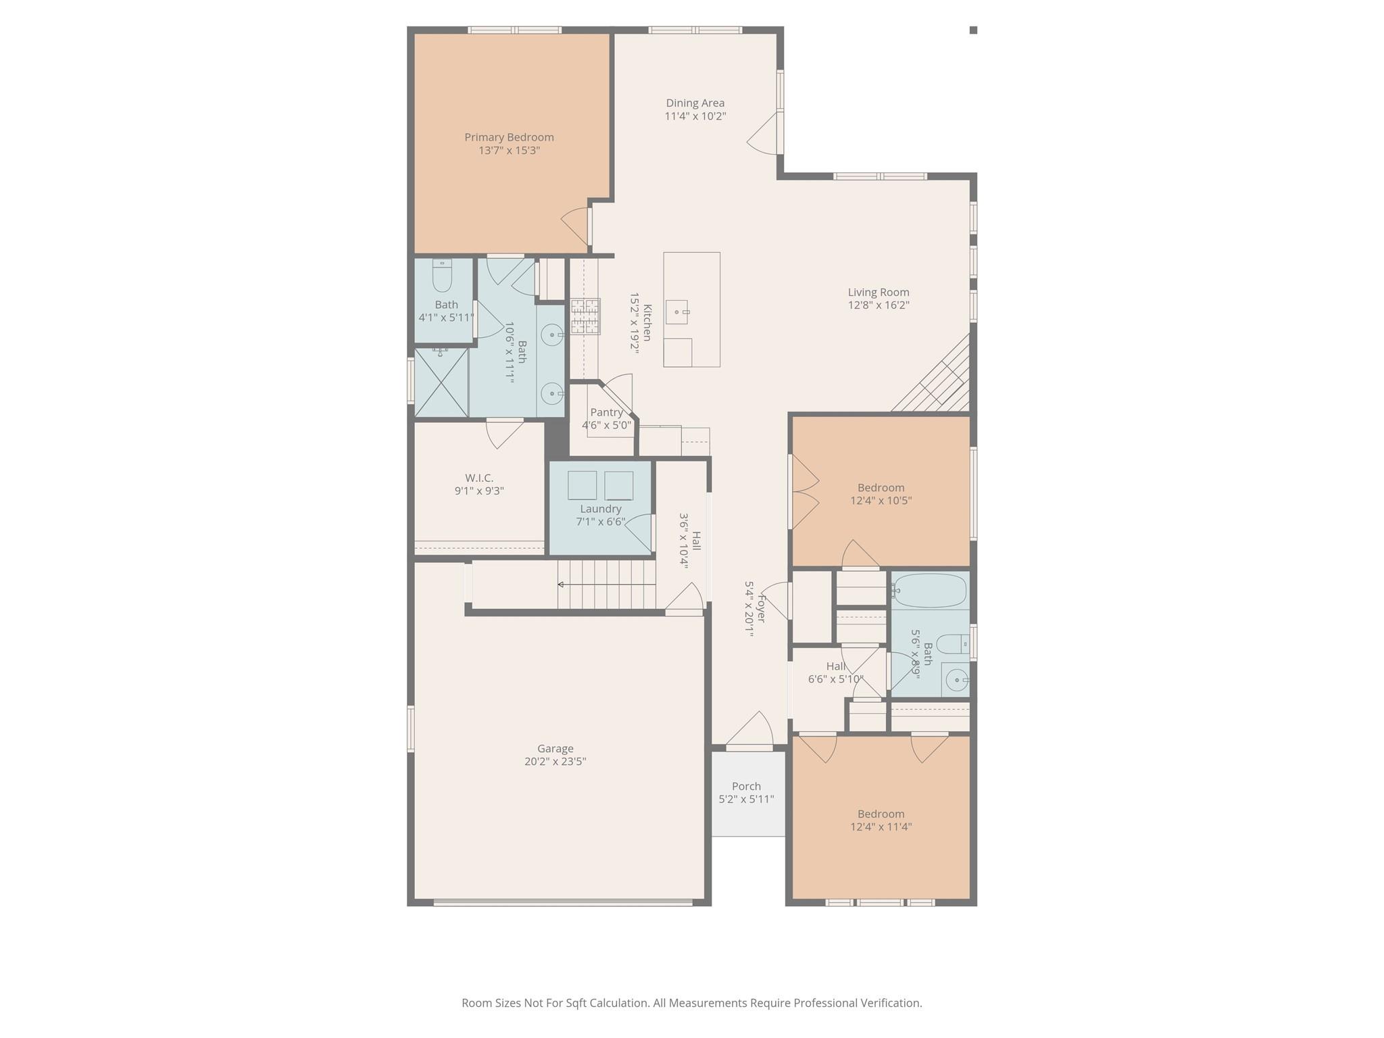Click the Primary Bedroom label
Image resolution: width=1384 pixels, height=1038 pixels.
click(x=509, y=137)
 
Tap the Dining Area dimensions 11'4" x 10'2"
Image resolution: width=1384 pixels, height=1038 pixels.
click(x=695, y=116)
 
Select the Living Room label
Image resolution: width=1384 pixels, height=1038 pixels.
click(x=878, y=292)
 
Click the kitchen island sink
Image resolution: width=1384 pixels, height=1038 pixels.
click(x=676, y=312)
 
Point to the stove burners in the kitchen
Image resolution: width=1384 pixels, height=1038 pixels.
click(x=585, y=317)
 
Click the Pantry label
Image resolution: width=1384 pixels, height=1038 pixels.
click(x=606, y=412)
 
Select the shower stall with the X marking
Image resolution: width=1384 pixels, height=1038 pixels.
click(x=441, y=382)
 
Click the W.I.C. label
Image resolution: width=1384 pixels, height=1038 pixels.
click(x=479, y=478)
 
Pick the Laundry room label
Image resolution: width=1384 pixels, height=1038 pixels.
click(x=600, y=509)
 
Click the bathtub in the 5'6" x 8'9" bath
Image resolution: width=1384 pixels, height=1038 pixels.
click(x=930, y=591)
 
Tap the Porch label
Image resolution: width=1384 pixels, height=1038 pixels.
click(x=746, y=786)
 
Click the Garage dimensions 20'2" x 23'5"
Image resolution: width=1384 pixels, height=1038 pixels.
click(x=555, y=762)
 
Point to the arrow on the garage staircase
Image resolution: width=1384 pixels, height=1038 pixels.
click(x=561, y=584)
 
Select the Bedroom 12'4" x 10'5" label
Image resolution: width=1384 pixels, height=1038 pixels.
click(x=881, y=487)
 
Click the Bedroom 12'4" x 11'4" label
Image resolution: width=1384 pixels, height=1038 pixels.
click(x=881, y=814)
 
